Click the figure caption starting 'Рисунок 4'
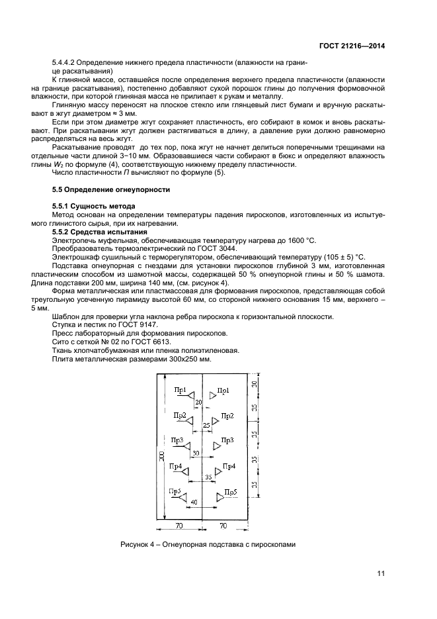tap(207, 545)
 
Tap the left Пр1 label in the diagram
tap(180, 390)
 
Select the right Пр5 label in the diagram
tap(230, 491)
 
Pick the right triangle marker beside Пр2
tap(215, 420)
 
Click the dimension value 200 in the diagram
tap(161, 456)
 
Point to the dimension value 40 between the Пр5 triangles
tap(194, 502)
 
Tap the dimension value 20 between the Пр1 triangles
tap(198, 402)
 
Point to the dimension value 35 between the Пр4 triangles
tap(208, 477)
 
